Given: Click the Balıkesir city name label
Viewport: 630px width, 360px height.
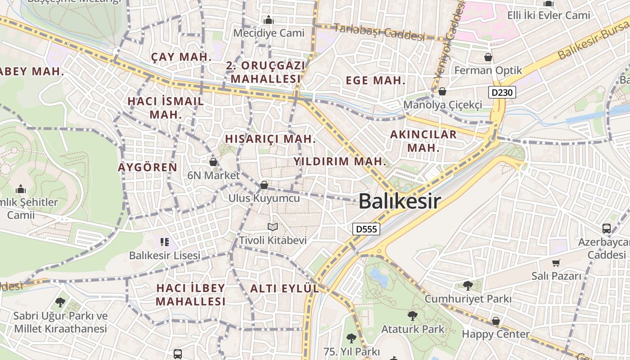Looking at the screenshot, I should pyautogui.click(x=400, y=201).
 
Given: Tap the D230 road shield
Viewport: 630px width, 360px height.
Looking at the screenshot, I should pyautogui.click(x=502, y=93).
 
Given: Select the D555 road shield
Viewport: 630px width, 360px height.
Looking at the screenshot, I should pyautogui.click(x=366, y=229).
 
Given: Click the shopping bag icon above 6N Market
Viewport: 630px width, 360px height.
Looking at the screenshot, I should pyautogui.click(x=213, y=162).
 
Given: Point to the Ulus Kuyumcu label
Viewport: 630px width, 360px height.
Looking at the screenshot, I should pyautogui.click(x=264, y=198).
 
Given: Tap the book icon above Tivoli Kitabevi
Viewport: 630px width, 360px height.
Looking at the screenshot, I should pyautogui.click(x=273, y=227).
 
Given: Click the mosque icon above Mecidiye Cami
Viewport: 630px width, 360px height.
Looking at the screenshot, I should pyautogui.click(x=269, y=20).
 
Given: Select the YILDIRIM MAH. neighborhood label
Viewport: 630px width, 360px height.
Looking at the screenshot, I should pyautogui.click(x=340, y=162).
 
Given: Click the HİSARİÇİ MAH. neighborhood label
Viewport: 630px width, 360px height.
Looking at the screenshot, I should pyautogui.click(x=270, y=139).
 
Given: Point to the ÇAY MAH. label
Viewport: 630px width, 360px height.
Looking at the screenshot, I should pyautogui.click(x=181, y=57).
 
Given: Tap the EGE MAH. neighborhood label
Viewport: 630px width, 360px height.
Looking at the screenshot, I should pyautogui.click(x=376, y=81).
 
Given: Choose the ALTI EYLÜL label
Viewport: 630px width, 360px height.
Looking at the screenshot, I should pyautogui.click(x=284, y=289).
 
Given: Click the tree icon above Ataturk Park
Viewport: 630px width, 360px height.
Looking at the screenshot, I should pyautogui.click(x=412, y=316).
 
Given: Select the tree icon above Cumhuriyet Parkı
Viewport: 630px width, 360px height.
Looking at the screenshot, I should pyautogui.click(x=468, y=285).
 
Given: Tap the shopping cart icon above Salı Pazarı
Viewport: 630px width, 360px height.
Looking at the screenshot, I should pyautogui.click(x=557, y=263).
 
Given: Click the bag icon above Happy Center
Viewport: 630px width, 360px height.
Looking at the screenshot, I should pyautogui.click(x=495, y=321).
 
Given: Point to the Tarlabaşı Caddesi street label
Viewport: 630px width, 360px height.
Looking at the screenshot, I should pyautogui.click(x=379, y=32).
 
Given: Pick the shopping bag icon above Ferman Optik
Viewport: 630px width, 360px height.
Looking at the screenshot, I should pyautogui.click(x=488, y=57).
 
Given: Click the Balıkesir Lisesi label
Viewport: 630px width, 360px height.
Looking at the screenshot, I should pyautogui.click(x=165, y=256).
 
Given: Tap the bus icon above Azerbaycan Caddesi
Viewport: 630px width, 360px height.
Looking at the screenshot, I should pyautogui.click(x=607, y=228).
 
